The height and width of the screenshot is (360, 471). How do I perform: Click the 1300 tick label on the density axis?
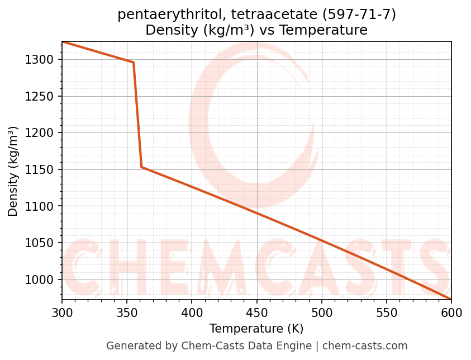[39, 60]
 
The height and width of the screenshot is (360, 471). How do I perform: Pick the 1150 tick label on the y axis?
[39, 170]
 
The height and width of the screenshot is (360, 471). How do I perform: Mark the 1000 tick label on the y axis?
[39, 280]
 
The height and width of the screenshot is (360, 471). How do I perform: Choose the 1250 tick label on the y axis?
[39, 97]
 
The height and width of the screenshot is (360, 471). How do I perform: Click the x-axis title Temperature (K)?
[256, 329]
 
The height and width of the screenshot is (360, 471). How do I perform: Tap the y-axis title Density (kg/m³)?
[13, 171]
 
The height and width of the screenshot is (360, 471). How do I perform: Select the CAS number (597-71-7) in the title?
[359, 15]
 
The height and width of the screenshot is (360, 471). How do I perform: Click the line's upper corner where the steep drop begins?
[133, 62]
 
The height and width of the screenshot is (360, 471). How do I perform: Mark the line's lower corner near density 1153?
[141, 167]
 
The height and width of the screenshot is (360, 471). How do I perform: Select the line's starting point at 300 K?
[62, 41]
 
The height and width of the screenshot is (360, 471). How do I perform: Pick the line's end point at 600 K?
[451, 299]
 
